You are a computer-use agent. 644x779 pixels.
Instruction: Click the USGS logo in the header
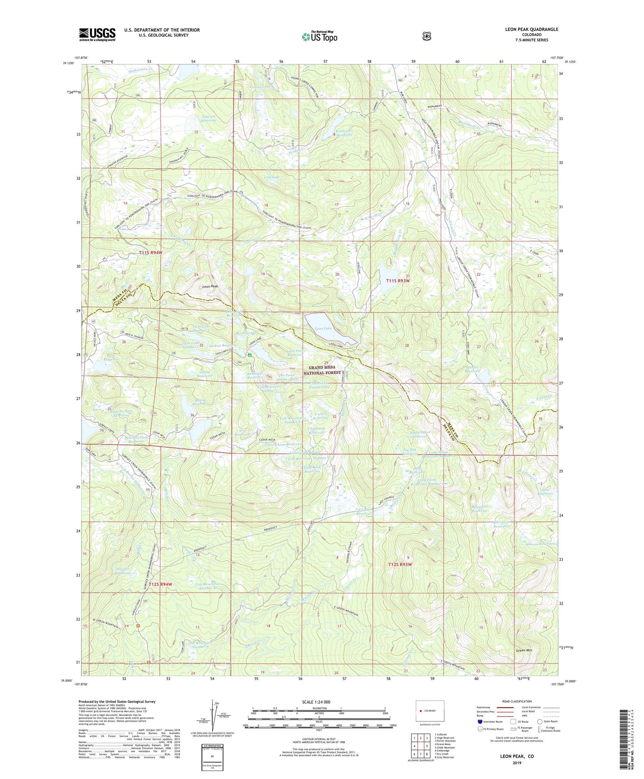coord(97,34)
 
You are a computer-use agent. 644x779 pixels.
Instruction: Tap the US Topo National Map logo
coord(319,36)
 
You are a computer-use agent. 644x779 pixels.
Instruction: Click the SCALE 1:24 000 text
coord(316,702)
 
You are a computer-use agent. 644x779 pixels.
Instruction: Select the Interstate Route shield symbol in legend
coord(480,721)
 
